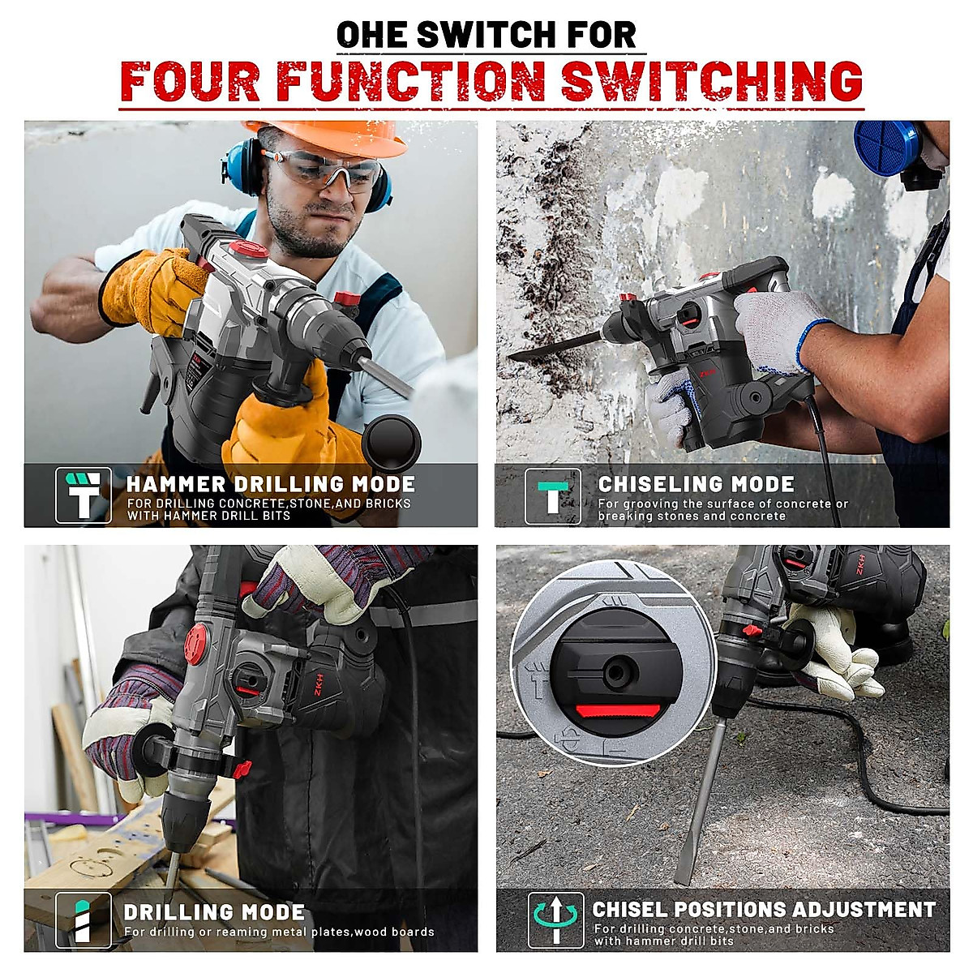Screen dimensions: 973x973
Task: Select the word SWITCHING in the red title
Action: pos(712,81)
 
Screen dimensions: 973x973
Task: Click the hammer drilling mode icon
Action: pos(83,495)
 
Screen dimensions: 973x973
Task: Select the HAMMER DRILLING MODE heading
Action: pos(270,484)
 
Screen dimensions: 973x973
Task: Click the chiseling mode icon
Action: pos(553,495)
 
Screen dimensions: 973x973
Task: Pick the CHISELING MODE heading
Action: pos(696,484)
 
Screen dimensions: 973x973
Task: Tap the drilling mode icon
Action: pos(83,919)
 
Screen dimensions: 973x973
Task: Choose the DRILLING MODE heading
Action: pos(214,912)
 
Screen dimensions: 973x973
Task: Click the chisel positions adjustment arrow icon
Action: pos(555,919)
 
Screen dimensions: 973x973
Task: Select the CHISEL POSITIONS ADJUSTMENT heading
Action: pos(764,910)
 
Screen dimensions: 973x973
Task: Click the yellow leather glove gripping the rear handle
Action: pos(154,288)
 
